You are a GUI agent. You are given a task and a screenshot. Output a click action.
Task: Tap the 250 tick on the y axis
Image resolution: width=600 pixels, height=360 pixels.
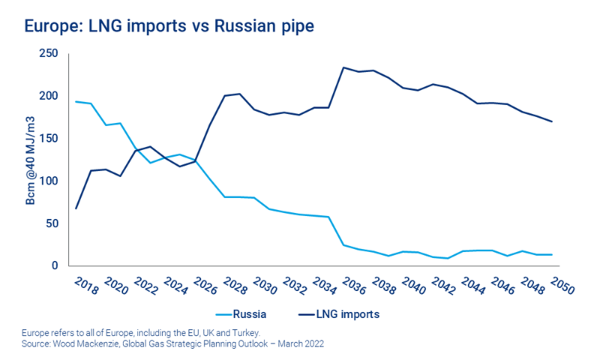tap(48, 54)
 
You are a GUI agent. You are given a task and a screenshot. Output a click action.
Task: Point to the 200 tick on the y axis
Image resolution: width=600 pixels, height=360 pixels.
tap(48, 96)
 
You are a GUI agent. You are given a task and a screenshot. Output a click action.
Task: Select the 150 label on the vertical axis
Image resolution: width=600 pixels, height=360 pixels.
tap(48, 139)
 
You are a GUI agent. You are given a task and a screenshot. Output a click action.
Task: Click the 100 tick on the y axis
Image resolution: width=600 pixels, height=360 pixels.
tap(48, 181)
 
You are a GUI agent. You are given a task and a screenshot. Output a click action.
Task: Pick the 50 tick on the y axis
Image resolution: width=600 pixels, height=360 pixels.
tap(51, 223)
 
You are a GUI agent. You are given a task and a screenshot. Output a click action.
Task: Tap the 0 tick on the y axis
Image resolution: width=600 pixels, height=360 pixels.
tap(54, 265)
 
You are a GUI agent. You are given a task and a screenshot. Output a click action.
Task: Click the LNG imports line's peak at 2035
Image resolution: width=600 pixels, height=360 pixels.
tap(343, 67)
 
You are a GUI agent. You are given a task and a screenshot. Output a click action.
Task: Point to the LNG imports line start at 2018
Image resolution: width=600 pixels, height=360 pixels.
tap(76, 208)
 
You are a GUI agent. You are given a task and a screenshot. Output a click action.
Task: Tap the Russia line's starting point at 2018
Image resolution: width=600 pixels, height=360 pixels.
tap(76, 101)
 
